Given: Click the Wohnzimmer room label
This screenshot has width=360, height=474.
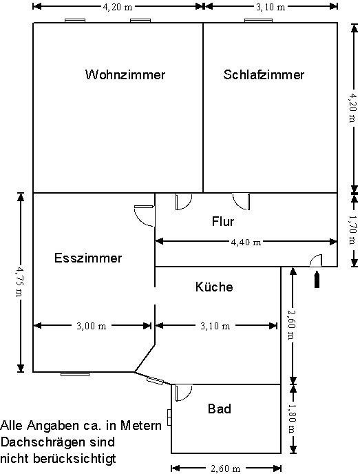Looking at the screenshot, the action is click(125, 74).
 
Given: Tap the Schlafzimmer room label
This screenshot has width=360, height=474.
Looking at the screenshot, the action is click(264, 74).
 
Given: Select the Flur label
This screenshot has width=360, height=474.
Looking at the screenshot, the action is click(223, 222).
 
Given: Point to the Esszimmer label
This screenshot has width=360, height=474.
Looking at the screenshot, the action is click(88, 258).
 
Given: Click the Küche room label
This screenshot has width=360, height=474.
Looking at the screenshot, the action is click(214, 287).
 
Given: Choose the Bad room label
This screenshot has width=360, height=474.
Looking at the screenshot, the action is click(220, 409).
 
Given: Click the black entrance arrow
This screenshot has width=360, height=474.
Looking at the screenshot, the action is click(317, 279).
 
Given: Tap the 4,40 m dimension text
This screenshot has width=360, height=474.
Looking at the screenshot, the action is click(246, 242).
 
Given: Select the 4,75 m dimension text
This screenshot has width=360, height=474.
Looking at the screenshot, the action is click(19, 282).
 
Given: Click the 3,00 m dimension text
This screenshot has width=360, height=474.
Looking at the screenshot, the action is click(92, 326).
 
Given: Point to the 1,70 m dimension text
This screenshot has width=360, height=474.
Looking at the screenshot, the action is click(352, 229).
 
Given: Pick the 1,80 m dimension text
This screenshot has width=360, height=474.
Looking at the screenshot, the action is click(292, 419).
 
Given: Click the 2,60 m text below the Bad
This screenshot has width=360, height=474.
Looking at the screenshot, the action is click(226, 469).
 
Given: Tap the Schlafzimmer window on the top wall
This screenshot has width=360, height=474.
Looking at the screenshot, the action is click(259, 21).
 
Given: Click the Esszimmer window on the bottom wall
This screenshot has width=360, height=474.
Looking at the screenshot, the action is click(75, 374).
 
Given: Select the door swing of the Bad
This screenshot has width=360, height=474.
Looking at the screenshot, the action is click(184, 393).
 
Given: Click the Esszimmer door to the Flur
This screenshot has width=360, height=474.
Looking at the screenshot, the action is click(145, 216).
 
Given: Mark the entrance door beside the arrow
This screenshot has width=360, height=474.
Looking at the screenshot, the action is click(316, 260).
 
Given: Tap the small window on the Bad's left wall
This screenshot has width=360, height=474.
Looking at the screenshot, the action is click(169, 418).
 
